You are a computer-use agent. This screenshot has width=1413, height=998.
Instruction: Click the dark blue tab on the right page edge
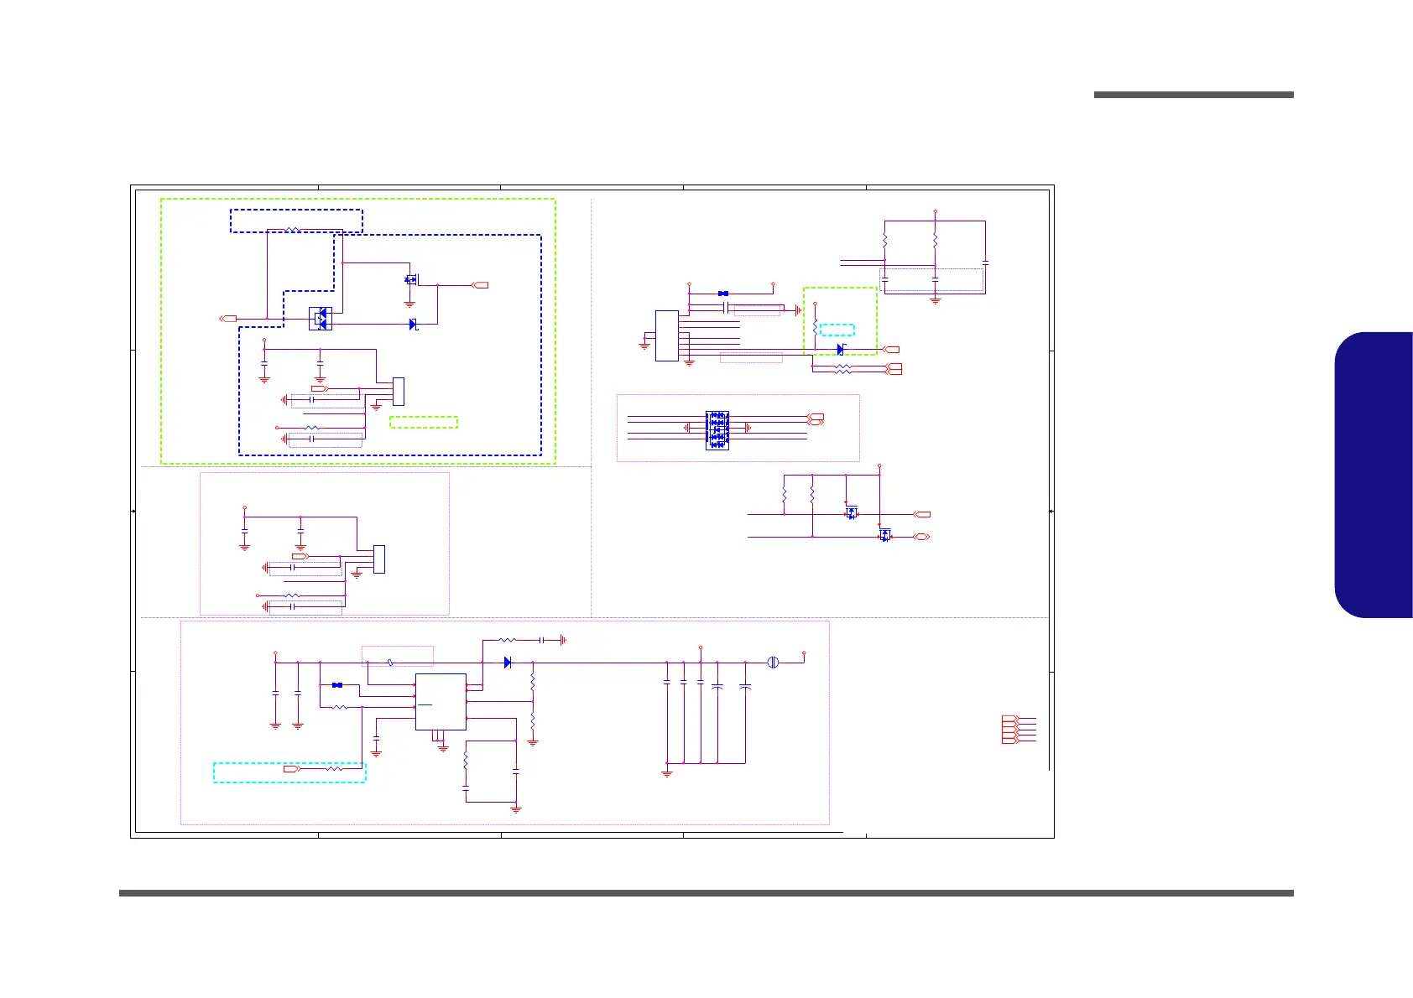1374,475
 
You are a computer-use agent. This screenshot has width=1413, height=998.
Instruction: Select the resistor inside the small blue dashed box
293,229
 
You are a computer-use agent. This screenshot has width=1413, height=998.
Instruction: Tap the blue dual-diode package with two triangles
320,319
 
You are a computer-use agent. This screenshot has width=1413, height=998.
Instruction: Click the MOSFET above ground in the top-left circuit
410,279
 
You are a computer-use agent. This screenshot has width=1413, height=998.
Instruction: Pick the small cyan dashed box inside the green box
837,330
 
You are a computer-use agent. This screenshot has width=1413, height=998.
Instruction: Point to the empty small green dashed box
424,423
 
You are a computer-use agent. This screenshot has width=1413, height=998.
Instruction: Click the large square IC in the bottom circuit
441,702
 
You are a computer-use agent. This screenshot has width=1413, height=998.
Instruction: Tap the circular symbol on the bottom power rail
774,663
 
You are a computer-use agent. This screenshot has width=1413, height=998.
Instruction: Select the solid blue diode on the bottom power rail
508,663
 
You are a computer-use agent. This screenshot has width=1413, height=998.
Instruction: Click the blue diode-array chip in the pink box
717,430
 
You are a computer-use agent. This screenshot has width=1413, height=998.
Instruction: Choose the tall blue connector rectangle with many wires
666,335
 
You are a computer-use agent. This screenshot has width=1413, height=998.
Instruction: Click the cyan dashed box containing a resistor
289,772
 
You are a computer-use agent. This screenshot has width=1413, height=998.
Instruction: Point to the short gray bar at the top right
1193,95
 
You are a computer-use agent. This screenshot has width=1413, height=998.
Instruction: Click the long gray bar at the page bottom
706,893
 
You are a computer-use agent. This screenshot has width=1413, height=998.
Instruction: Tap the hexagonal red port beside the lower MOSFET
921,536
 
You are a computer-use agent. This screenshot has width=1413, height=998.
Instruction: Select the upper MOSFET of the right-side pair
852,513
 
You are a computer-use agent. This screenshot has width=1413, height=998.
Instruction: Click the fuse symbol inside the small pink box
391,663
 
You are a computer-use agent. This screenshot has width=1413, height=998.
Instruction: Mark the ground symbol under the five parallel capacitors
667,773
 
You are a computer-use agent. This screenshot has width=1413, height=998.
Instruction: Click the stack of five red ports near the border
1009,730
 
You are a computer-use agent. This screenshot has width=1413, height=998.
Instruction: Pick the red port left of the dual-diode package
227,319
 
